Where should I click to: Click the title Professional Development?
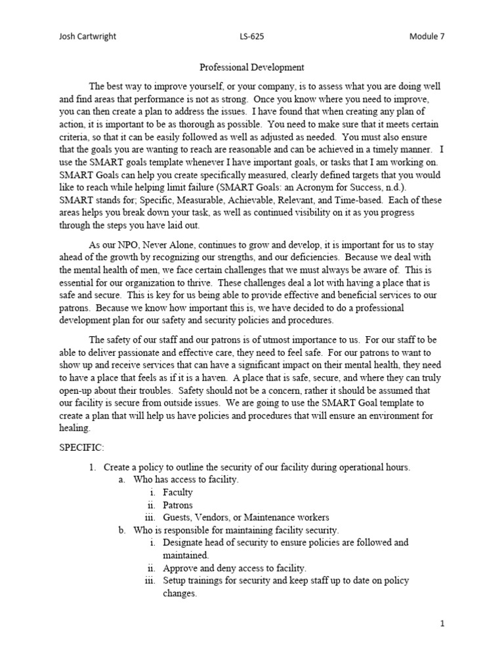251,67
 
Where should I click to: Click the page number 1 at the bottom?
443,624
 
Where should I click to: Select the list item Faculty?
178,492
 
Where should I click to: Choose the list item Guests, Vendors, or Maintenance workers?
246,517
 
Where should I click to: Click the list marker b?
122,529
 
